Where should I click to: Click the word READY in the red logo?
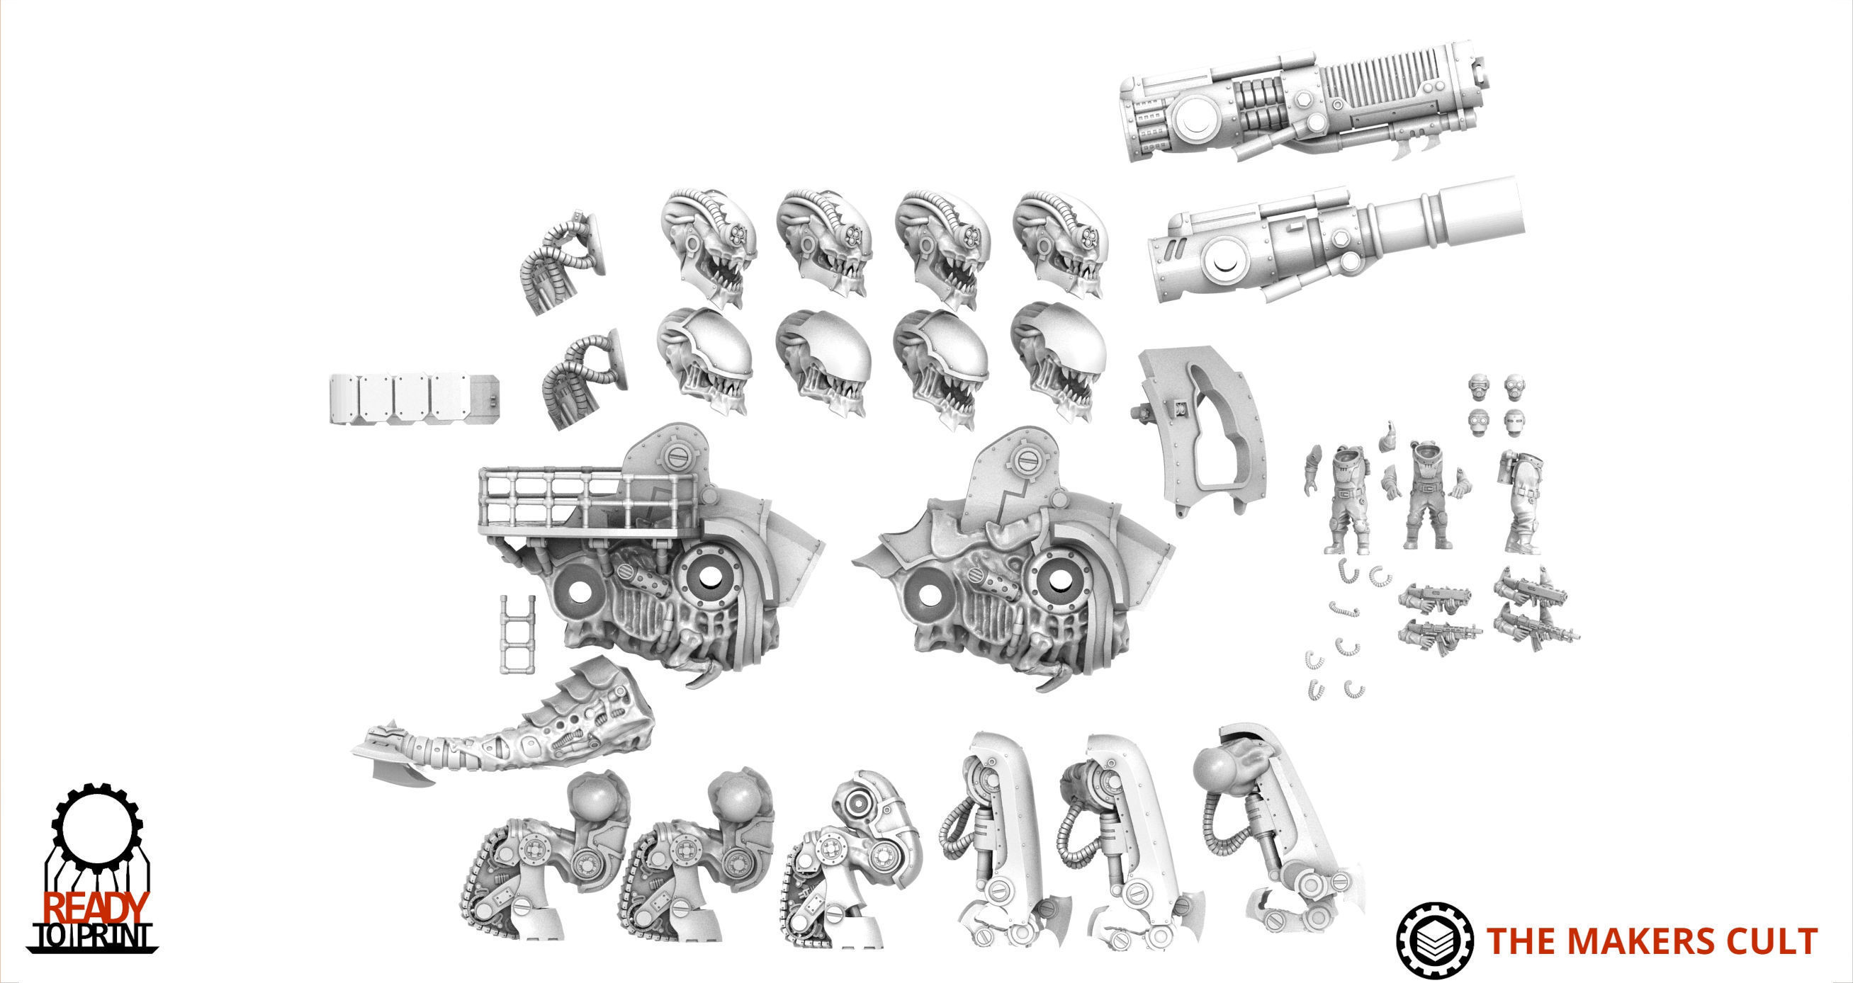(96, 907)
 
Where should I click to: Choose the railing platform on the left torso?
(554, 504)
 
